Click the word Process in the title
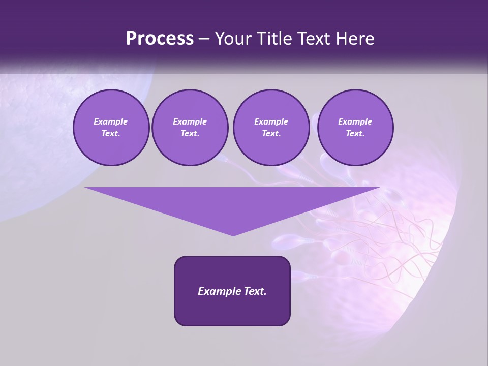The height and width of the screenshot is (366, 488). (x=160, y=39)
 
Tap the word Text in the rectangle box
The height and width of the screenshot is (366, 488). (x=255, y=291)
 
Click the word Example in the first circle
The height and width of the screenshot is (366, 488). (x=111, y=121)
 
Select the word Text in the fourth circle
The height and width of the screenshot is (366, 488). (x=355, y=134)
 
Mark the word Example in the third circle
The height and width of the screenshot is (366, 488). (x=271, y=121)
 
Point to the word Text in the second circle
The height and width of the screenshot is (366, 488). (x=190, y=134)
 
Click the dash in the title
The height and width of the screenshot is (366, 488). (x=204, y=39)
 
